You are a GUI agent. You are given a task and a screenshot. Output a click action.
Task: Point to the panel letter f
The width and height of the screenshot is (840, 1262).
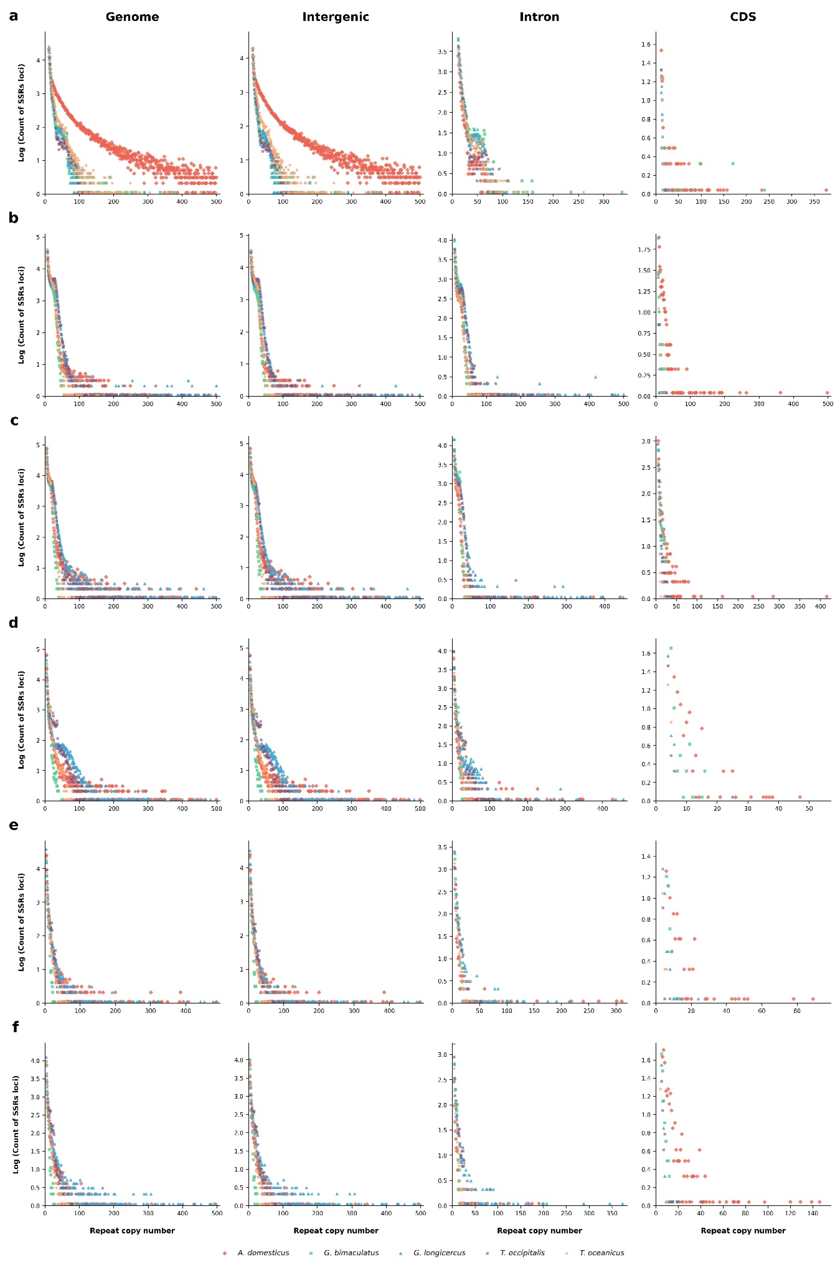click(15, 1027)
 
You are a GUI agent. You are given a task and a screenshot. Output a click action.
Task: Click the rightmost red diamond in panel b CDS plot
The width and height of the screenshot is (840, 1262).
click(827, 393)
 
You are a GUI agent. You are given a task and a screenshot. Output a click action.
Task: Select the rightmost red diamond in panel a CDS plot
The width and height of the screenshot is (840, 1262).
click(826, 190)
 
